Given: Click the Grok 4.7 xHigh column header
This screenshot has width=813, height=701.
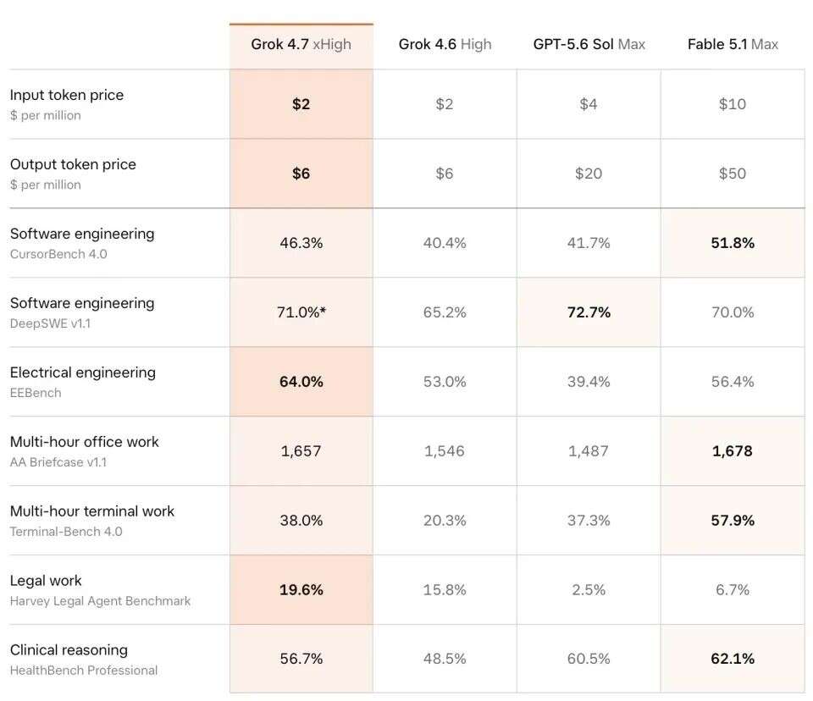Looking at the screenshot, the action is (x=301, y=45).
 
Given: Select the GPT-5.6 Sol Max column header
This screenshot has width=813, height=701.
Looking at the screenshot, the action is (x=589, y=45).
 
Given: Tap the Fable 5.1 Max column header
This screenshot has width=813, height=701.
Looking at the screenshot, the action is (x=733, y=45).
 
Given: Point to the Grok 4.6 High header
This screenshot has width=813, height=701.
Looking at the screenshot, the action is (x=445, y=45).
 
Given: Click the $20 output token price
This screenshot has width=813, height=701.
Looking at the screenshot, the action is (x=589, y=174).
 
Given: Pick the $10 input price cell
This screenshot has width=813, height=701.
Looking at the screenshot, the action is (x=732, y=103).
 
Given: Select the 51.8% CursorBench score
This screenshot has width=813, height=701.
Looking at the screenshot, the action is (x=733, y=243).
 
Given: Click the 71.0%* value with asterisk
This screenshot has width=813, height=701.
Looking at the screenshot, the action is (x=301, y=312).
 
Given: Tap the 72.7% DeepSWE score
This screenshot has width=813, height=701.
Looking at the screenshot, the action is (x=589, y=312).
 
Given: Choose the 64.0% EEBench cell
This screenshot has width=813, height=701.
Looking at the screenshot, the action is (x=301, y=382).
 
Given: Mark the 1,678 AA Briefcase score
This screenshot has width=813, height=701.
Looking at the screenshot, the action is (x=732, y=451).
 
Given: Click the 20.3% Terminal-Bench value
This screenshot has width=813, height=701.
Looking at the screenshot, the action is (x=445, y=520).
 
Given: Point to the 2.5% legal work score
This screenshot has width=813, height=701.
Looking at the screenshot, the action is (x=589, y=589).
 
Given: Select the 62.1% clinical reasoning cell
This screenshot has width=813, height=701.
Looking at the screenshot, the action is (x=733, y=659).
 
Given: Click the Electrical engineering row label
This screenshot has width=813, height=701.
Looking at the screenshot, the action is (x=82, y=373).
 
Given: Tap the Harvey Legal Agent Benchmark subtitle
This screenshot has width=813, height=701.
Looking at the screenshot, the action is (x=100, y=601).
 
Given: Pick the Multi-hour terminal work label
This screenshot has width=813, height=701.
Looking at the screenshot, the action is (x=91, y=511).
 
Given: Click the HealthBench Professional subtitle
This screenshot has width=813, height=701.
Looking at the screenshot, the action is (x=84, y=671).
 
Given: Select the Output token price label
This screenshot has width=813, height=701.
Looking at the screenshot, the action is (x=73, y=164).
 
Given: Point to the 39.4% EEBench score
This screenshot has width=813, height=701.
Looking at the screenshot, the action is (x=589, y=382).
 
